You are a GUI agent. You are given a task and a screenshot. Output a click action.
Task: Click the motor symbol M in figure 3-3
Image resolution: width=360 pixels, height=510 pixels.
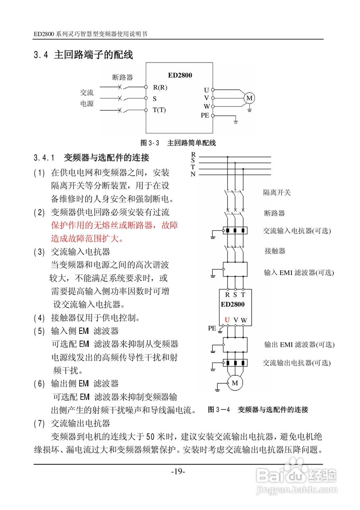coord(249,98)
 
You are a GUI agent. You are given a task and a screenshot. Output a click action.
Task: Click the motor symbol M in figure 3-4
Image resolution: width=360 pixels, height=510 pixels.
coord(235,383)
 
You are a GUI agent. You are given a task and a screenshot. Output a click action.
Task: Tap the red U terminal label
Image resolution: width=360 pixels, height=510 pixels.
coord(227,320)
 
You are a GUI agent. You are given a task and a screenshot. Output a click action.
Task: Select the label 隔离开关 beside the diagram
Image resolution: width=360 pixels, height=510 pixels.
coord(277,193)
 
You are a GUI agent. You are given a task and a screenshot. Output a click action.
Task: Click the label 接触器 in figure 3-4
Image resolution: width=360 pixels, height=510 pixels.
coord(275,251)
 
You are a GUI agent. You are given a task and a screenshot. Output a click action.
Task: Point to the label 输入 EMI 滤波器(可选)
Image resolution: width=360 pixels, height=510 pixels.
coord(299,273)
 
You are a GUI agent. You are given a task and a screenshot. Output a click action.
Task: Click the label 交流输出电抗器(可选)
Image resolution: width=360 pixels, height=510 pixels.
coord(297,363)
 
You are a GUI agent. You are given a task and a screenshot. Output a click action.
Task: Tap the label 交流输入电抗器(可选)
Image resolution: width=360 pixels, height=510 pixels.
coord(297,231)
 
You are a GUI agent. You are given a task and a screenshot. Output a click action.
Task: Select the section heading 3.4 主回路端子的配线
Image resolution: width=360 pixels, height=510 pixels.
coord(83,55)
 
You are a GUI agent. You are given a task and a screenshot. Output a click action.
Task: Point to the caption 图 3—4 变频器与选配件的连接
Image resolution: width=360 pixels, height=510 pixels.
coord(258,410)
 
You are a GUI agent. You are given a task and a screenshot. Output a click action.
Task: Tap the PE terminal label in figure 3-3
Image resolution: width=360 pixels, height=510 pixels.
coord(205,116)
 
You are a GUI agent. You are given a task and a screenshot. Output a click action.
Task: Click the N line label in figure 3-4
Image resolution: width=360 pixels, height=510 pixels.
coord(193,174)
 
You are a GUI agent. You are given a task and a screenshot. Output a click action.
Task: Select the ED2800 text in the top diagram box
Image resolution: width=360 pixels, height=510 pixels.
coord(180,75)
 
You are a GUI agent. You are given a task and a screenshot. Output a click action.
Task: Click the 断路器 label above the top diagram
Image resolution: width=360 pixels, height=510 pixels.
coord(123,77)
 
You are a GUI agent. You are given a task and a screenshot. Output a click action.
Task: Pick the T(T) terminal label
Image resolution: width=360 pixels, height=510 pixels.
coord(159,110)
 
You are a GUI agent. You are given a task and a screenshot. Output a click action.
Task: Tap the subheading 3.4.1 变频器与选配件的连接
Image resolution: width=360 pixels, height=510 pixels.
coord(92,158)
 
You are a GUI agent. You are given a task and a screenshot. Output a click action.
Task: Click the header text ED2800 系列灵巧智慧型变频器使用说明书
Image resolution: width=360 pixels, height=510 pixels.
coord(90,34)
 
